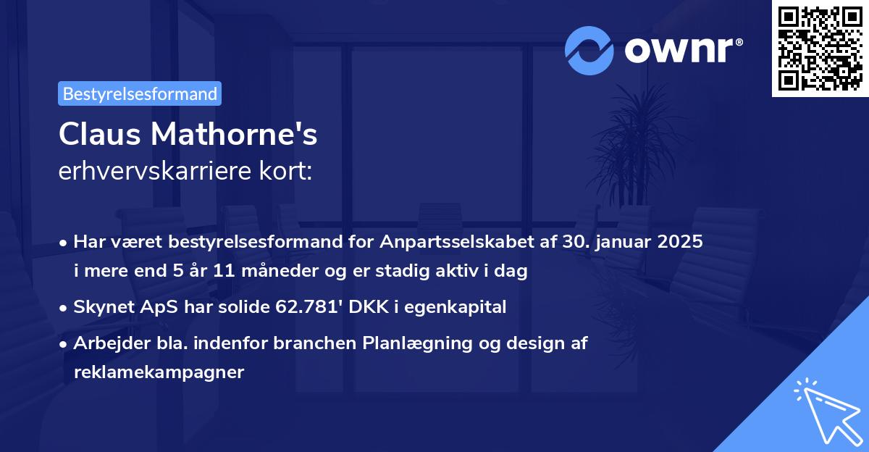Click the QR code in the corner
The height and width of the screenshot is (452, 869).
pyautogui.click(x=820, y=49)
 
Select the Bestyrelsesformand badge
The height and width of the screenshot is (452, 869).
pyautogui.click(x=140, y=93)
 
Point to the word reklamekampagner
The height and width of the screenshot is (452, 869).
pyautogui.click(x=159, y=372)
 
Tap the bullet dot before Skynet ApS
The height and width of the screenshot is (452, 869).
pyautogui.click(x=64, y=307)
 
